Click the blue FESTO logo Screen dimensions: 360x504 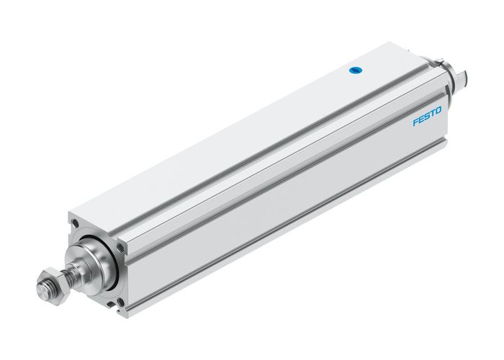pos(431,115)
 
